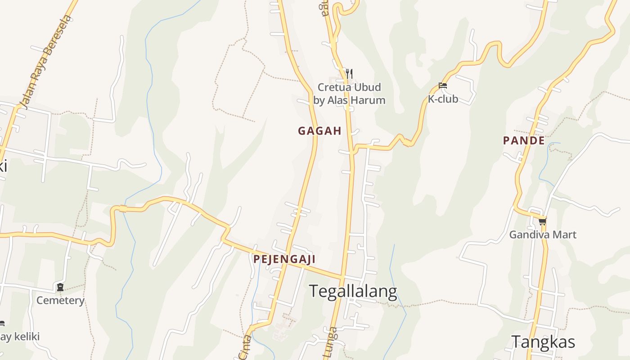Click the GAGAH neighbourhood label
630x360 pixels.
click(x=319, y=131)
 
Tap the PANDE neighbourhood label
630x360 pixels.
click(x=524, y=140)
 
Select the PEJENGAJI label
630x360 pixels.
click(x=284, y=259)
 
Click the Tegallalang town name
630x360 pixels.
click(x=353, y=292)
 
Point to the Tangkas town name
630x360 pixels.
click(x=543, y=342)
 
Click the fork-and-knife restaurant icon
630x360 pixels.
click(x=349, y=73)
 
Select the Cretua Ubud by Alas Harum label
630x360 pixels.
click(x=349, y=94)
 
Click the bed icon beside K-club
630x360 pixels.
click(x=443, y=85)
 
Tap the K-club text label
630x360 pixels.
click(x=443, y=99)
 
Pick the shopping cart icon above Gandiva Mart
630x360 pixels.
click(x=543, y=221)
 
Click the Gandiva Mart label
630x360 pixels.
click(x=543, y=234)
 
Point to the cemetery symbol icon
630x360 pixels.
click(x=60, y=287)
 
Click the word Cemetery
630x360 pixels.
click(x=60, y=300)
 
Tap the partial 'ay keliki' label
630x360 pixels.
click(x=20, y=337)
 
